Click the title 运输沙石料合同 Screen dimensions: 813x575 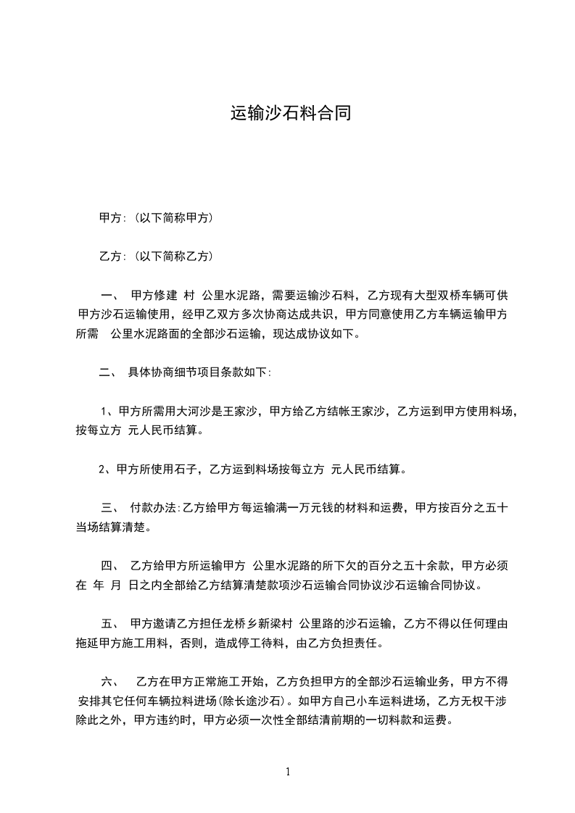click(291, 113)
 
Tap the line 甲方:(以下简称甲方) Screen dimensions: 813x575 click(155, 217)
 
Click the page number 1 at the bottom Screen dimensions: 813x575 click(288, 772)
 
